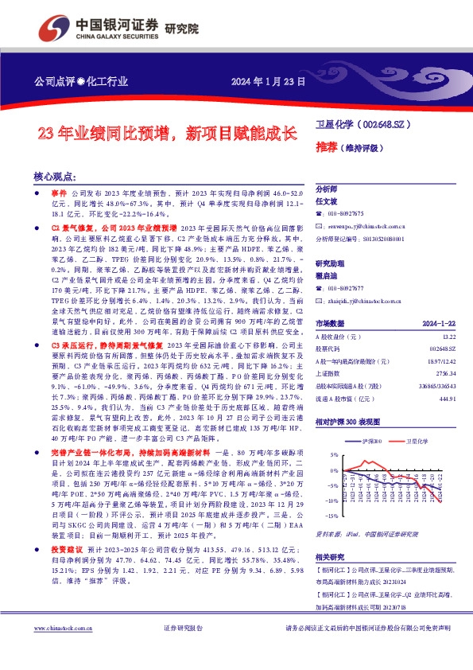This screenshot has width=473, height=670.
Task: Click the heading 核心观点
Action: tap(54, 177)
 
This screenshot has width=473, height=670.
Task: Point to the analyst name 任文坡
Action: tap(328, 202)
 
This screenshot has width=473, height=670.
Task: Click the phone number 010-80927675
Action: tap(346, 214)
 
